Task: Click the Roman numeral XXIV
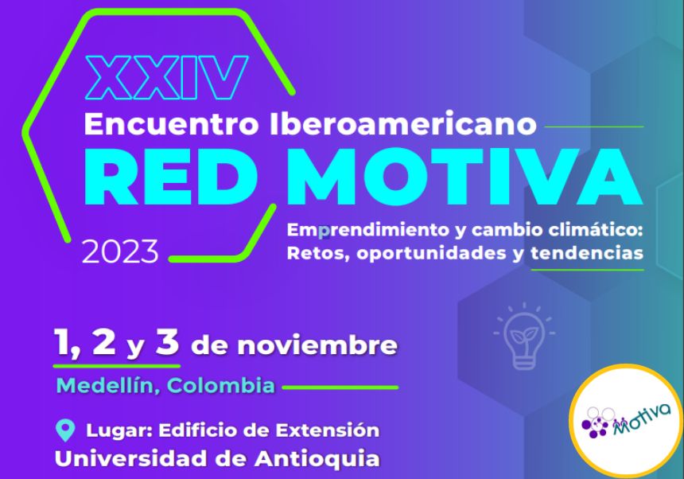tap(167, 78)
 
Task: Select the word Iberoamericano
tap(402, 124)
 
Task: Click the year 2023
tap(120, 251)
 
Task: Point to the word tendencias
tap(587, 252)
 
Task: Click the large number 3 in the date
tap(168, 342)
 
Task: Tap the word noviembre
tap(317, 345)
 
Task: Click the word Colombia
tap(221, 386)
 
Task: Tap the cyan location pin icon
tap(65, 430)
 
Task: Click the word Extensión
tap(327, 430)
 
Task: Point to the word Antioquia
tap(317, 459)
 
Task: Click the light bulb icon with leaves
tap(524, 336)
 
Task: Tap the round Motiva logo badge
tap(626, 420)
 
